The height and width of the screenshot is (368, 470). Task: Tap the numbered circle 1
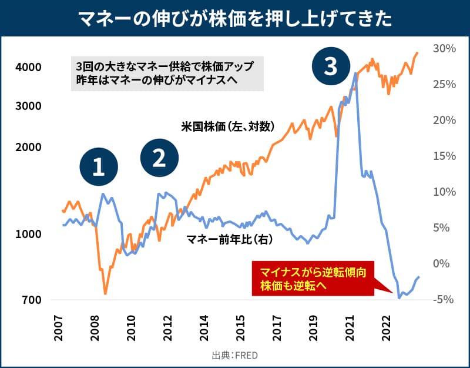[99, 168]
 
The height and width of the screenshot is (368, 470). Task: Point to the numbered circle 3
[331, 66]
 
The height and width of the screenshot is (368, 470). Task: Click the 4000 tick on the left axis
[28, 67]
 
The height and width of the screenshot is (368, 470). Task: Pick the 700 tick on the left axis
[31, 300]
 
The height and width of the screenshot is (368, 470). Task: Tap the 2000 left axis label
[28, 146]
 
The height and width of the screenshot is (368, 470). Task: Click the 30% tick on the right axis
[444, 48]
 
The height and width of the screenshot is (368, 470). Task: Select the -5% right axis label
[445, 300]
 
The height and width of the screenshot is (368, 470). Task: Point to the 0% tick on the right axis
[447, 264]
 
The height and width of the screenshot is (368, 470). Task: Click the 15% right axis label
[444, 156]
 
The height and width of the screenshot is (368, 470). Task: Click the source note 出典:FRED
[235, 355]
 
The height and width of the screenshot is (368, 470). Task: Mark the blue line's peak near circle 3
[355, 73]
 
